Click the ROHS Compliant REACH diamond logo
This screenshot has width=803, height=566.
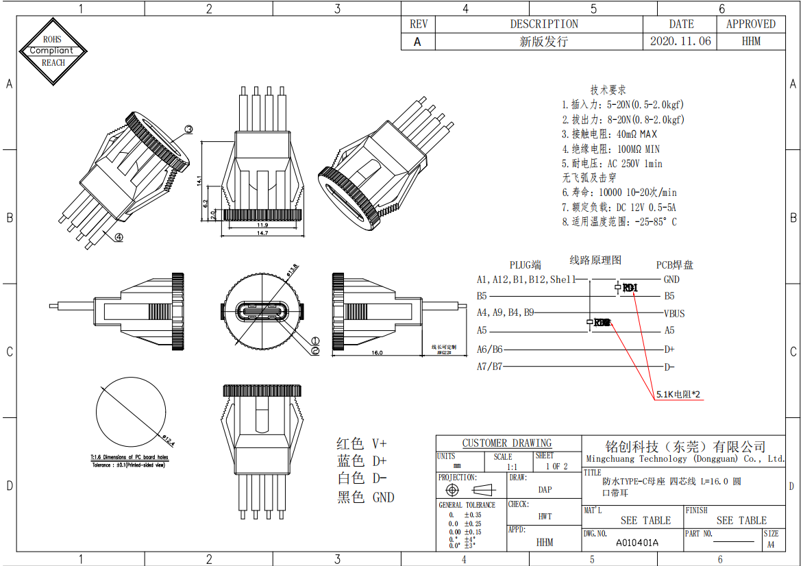(x=53, y=51)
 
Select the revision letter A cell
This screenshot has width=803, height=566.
(x=418, y=41)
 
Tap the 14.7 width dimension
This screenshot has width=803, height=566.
(x=262, y=233)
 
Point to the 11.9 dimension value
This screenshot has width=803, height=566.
(x=262, y=225)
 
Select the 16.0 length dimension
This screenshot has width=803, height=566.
(x=376, y=353)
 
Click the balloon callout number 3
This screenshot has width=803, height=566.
(x=188, y=129)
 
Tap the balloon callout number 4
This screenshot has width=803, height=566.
(x=119, y=238)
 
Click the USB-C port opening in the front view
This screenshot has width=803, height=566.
(x=261, y=311)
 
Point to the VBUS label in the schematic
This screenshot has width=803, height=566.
(x=674, y=314)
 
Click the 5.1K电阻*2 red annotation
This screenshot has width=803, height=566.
(x=678, y=395)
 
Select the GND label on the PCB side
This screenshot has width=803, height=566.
(x=671, y=280)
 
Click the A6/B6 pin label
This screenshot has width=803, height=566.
(x=489, y=349)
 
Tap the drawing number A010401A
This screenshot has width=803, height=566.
(x=637, y=543)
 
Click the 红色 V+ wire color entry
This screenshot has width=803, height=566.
(x=361, y=443)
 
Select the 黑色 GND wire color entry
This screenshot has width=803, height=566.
(x=365, y=497)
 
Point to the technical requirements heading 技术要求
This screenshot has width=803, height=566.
(x=608, y=90)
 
